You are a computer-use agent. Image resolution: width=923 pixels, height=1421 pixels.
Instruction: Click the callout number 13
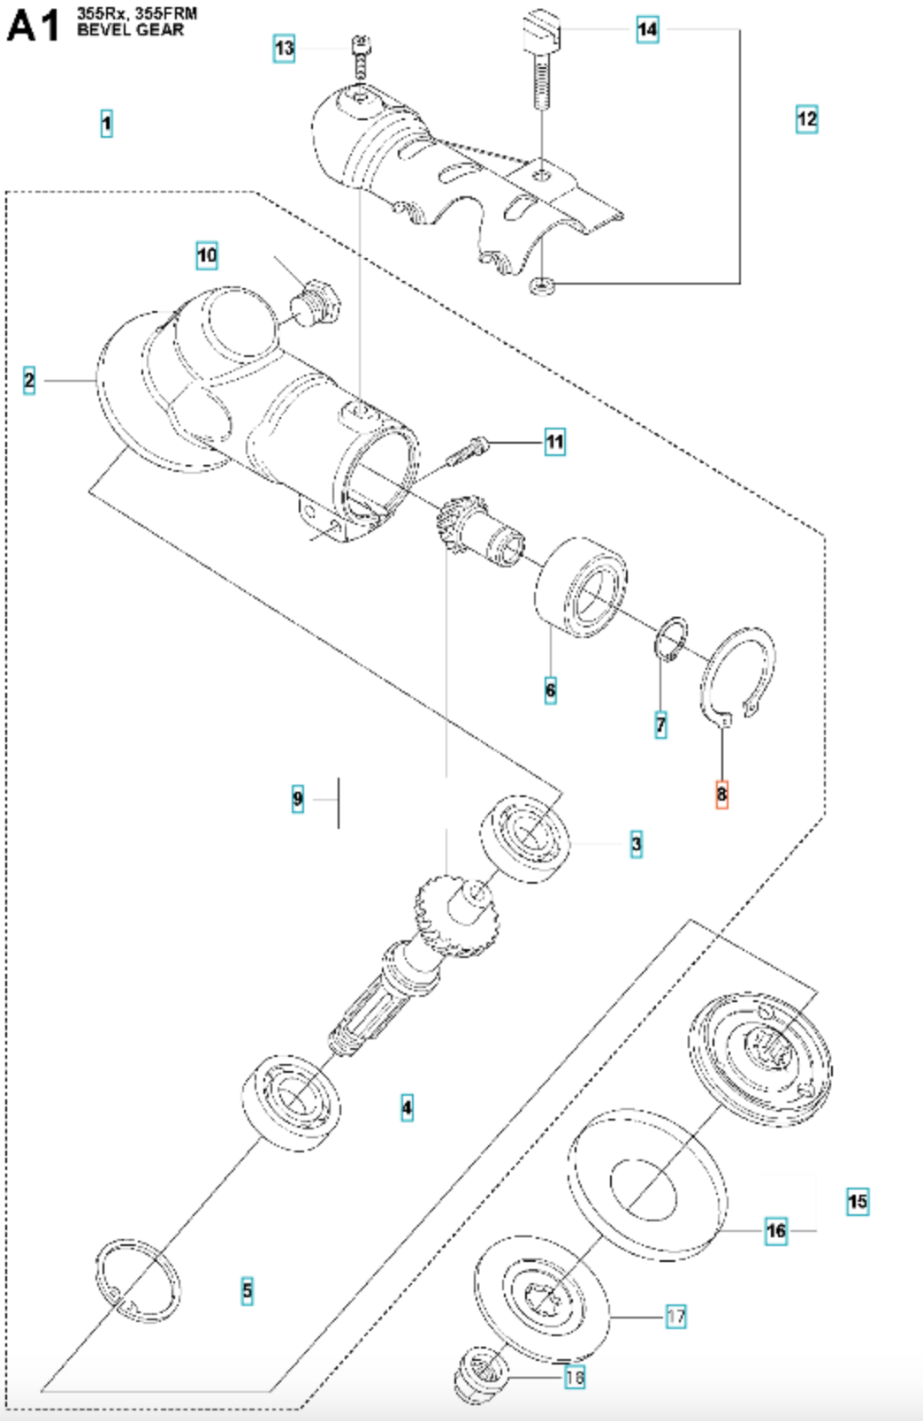[284, 48]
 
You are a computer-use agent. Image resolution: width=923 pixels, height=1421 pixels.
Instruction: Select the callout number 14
[648, 30]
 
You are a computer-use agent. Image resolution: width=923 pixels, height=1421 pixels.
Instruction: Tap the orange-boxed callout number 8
[721, 794]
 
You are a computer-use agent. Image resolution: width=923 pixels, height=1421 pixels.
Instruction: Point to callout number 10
[207, 255]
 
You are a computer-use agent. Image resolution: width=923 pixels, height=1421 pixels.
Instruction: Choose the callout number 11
[554, 441]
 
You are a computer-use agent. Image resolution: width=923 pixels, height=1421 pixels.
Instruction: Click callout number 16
[776, 1230]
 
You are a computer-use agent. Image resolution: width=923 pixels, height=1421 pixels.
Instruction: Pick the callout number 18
[575, 1377]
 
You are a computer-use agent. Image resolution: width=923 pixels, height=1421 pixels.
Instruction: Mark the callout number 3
[636, 843]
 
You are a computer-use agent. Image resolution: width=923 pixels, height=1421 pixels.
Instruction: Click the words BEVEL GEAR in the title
[131, 30]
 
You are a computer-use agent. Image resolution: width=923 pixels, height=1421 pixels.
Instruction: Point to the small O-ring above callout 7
[673, 638]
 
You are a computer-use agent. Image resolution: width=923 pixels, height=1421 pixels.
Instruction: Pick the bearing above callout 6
[582, 586]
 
